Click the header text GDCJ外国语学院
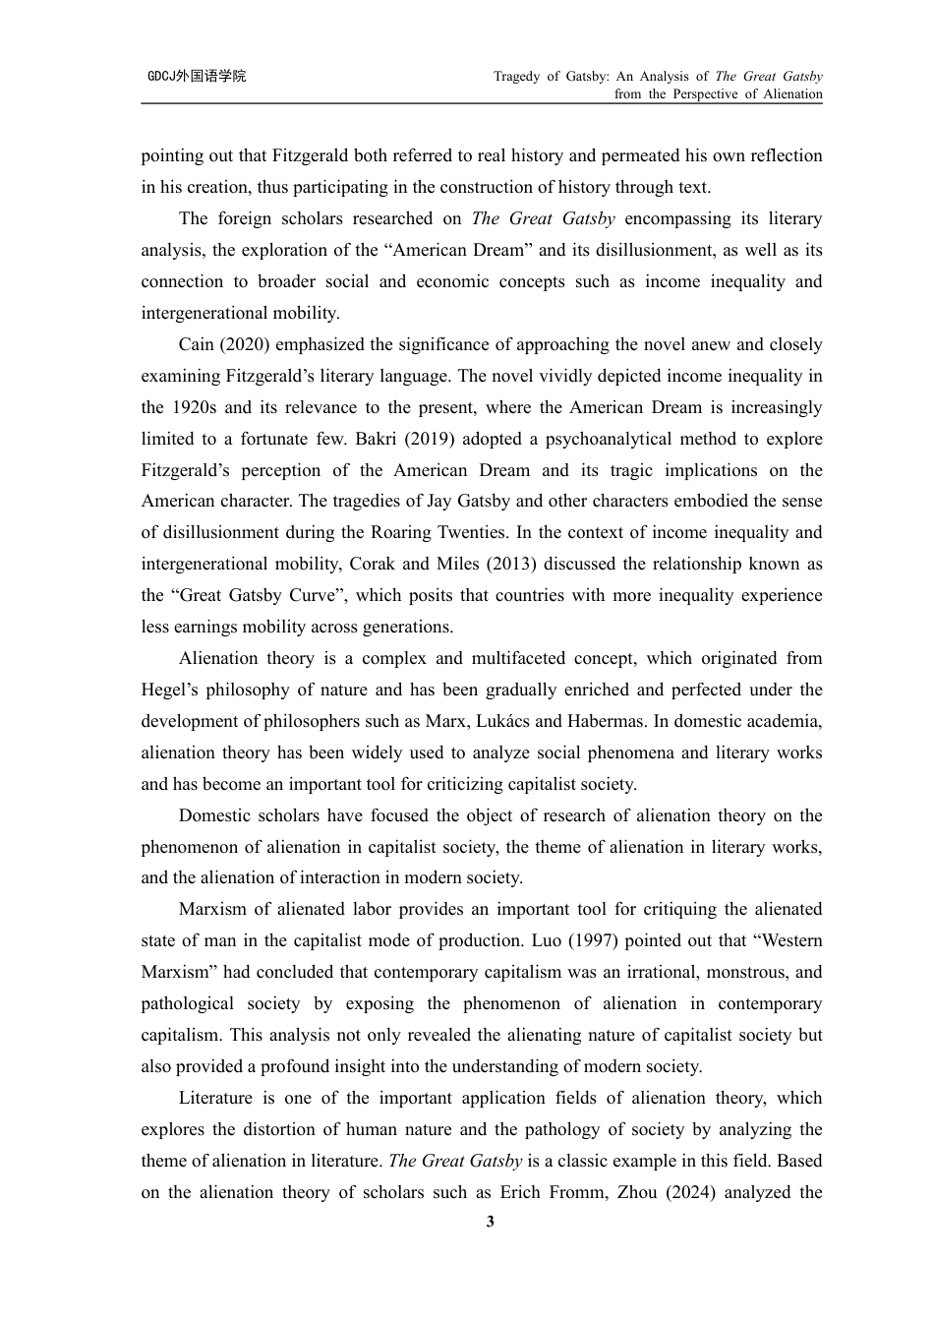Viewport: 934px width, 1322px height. coord(197,76)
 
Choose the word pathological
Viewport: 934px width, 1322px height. coord(187,1003)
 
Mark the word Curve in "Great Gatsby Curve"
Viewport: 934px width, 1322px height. coord(312,595)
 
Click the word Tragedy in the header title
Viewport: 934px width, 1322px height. coord(517,76)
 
